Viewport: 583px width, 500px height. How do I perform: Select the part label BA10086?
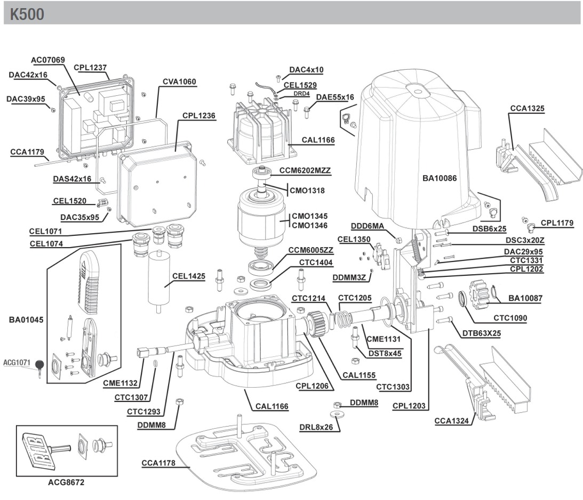[x=440, y=178]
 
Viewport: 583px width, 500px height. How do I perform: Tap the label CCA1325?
[x=527, y=109]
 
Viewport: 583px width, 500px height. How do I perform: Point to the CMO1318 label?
[x=307, y=190]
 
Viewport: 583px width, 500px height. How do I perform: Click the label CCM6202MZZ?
[x=305, y=171]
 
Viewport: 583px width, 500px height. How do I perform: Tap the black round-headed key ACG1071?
[x=40, y=365]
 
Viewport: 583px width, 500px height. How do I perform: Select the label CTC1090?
[x=510, y=318]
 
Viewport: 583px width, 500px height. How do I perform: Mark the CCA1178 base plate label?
[x=158, y=463]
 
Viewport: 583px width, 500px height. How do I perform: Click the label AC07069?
[x=47, y=60]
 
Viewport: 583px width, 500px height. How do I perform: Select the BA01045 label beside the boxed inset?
[x=26, y=320]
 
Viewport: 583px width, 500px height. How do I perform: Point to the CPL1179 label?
[x=557, y=223]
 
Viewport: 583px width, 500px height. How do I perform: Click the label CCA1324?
[x=451, y=421]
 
